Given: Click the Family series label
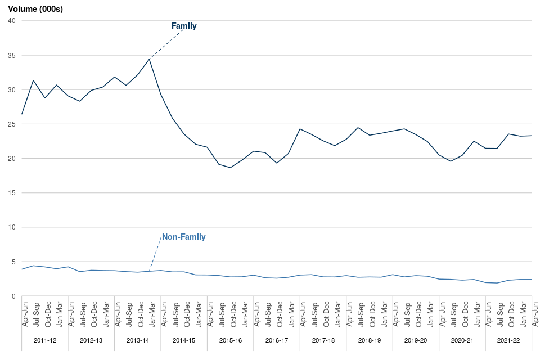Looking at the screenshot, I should pyautogui.click(x=184, y=26).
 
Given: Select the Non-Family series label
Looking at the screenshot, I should pyautogui.click(x=183, y=237).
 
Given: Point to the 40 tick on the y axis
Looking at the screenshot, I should pyautogui.click(x=11, y=21).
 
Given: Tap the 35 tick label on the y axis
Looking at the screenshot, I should pyautogui.click(x=11, y=55).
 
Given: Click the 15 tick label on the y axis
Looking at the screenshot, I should pyautogui.click(x=11, y=193).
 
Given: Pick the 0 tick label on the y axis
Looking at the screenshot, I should pyautogui.click(x=13, y=296).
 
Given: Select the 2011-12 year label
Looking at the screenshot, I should pyautogui.click(x=45, y=340).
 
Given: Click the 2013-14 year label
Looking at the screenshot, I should pyautogui.click(x=138, y=340).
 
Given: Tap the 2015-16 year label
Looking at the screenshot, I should pyautogui.click(x=231, y=340).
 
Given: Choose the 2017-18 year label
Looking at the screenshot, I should pyautogui.click(x=323, y=340).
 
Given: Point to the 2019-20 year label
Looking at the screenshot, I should pyautogui.click(x=416, y=340).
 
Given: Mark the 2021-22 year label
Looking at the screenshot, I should pyautogui.click(x=508, y=340).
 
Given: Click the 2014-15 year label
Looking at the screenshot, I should pyautogui.click(x=184, y=340).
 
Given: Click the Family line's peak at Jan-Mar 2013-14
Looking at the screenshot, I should pyautogui.click(x=149, y=59).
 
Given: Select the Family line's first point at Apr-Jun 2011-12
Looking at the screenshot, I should pyautogui.click(x=22, y=114).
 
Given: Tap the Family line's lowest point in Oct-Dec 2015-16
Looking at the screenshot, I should pyautogui.click(x=230, y=168).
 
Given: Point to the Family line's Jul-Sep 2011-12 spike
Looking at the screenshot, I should pyautogui.click(x=34, y=80).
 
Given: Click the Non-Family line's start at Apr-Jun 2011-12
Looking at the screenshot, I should pyautogui.click(x=22, y=269).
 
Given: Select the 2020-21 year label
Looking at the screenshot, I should pyautogui.click(x=462, y=340).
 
